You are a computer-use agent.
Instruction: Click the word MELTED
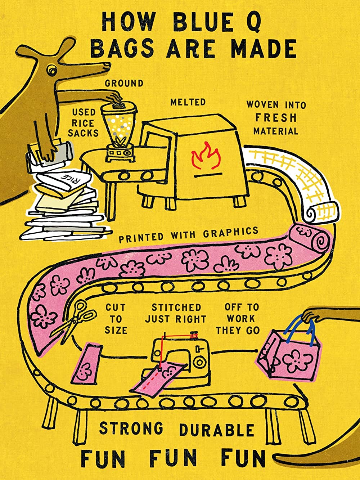pos(188,102)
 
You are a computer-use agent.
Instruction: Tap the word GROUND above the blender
pos(124,83)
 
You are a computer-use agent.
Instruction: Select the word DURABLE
pos(217,430)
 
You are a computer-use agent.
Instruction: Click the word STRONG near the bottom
pos(131,429)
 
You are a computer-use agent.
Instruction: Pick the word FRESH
pos(276,117)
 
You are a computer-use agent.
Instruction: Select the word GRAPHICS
pos(230,232)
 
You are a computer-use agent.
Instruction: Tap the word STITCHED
pos(176,308)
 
